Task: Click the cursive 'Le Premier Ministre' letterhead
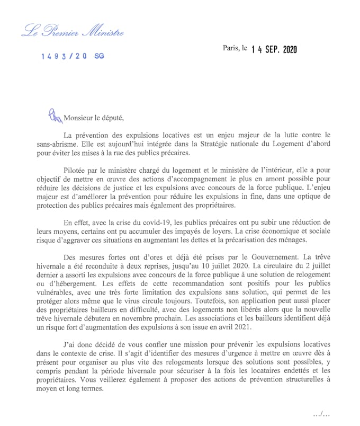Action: [x=73, y=32]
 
